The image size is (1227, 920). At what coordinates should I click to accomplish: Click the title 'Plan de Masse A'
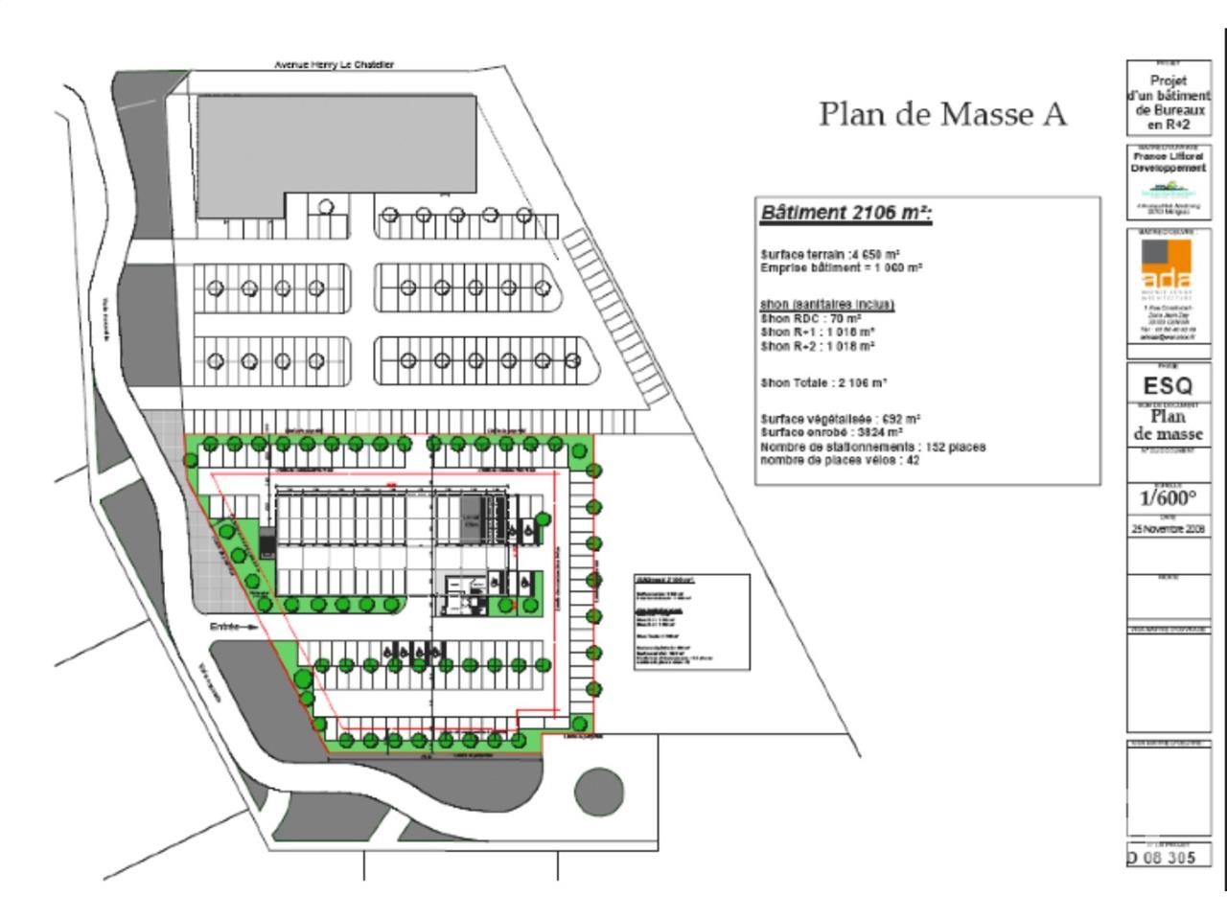coord(942,114)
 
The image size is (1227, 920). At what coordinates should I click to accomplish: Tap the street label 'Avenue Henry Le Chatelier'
coord(334,65)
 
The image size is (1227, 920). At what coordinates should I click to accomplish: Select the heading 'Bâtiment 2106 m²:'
coord(845,213)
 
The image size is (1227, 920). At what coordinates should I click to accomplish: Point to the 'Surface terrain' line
coord(830,255)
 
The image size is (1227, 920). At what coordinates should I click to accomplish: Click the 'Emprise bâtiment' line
coord(841,268)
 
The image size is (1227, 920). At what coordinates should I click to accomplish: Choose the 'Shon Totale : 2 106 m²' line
coord(823,382)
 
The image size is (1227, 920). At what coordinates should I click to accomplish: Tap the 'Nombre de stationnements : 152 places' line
coord(872,447)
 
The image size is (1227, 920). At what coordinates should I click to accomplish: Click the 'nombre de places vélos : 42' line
coord(840,460)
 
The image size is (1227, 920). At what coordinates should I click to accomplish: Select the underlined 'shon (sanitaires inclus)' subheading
coord(826,304)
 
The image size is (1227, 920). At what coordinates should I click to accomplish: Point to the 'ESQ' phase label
coord(1168,386)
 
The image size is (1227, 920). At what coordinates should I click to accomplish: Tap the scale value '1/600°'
coord(1168,498)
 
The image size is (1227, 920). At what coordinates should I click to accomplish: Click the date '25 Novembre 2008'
coord(1168,528)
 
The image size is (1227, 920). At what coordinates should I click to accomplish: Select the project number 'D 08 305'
coord(1162,857)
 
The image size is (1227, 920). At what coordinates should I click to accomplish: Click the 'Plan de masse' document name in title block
coord(1168,425)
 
